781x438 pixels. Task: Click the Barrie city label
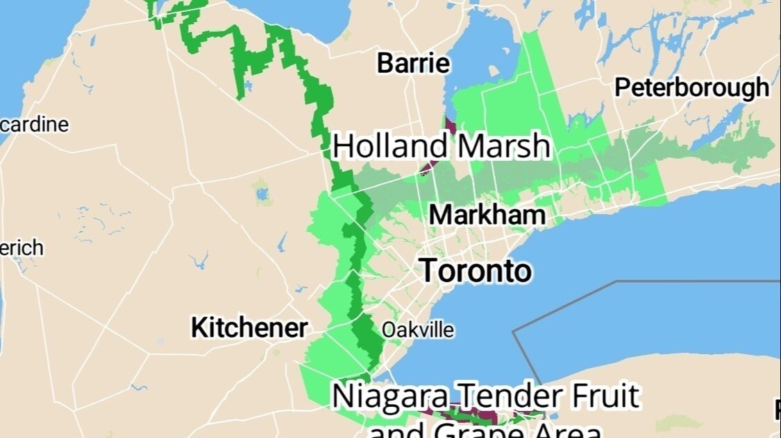coord(413,64)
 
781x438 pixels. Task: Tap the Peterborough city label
coord(691,88)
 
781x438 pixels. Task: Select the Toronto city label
coord(476,270)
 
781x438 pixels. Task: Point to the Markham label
coord(487,215)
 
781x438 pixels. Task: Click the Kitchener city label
coord(249,328)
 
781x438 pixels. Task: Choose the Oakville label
coord(418,330)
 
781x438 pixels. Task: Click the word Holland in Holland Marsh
coord(390,147)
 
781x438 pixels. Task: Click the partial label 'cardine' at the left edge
coord(35,125)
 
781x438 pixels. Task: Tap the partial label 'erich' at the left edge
coord(22,247)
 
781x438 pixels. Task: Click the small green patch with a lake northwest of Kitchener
coord(262,191)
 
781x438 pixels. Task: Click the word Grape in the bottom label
coord(472,430)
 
